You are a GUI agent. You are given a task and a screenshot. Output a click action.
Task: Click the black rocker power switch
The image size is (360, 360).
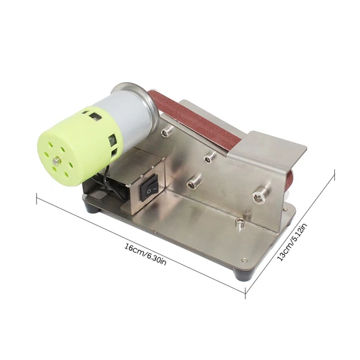[149, 187]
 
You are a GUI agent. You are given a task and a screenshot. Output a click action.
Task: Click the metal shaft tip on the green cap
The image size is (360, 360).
[56, 160]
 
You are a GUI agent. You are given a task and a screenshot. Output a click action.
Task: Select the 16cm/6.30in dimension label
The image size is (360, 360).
[145, 254]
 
